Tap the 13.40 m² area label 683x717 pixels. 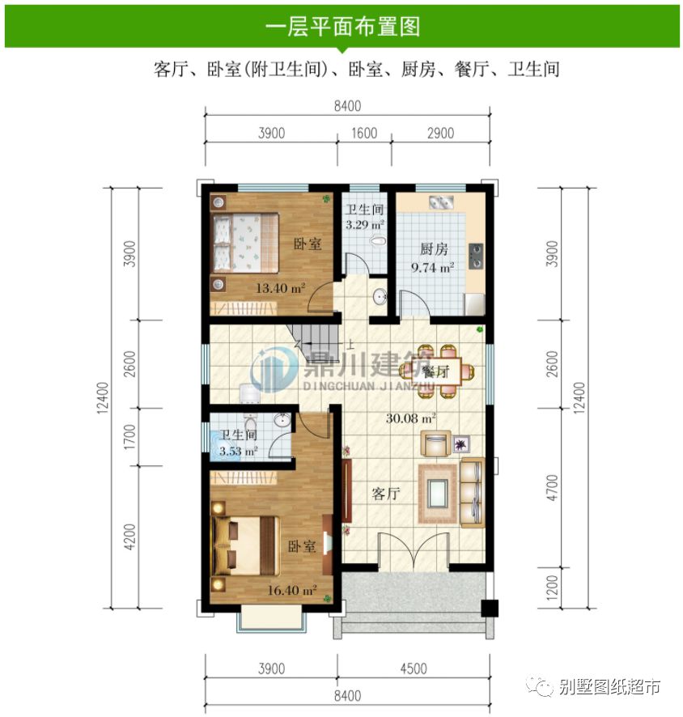[x=280, y=286]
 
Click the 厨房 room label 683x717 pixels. [x=434, y=248]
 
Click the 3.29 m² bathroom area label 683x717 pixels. [x=365, y=223]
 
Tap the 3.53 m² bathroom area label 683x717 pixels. [x=239, y=451]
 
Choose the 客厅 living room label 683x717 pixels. [x=388, y=494]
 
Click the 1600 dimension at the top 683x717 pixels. [x=364, y=134]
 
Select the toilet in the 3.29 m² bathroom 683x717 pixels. [x=375, y=240]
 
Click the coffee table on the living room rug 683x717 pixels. [x=439, y=491]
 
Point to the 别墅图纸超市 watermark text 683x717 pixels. [x=609, y=687]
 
